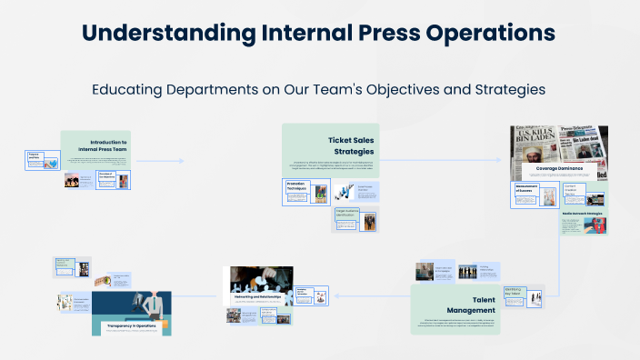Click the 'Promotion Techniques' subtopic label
(x=298, y=187)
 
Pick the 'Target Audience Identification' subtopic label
(x=347, y=215)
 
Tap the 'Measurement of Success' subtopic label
(x=528, y=189)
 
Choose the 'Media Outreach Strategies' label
(x=583, y=213)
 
